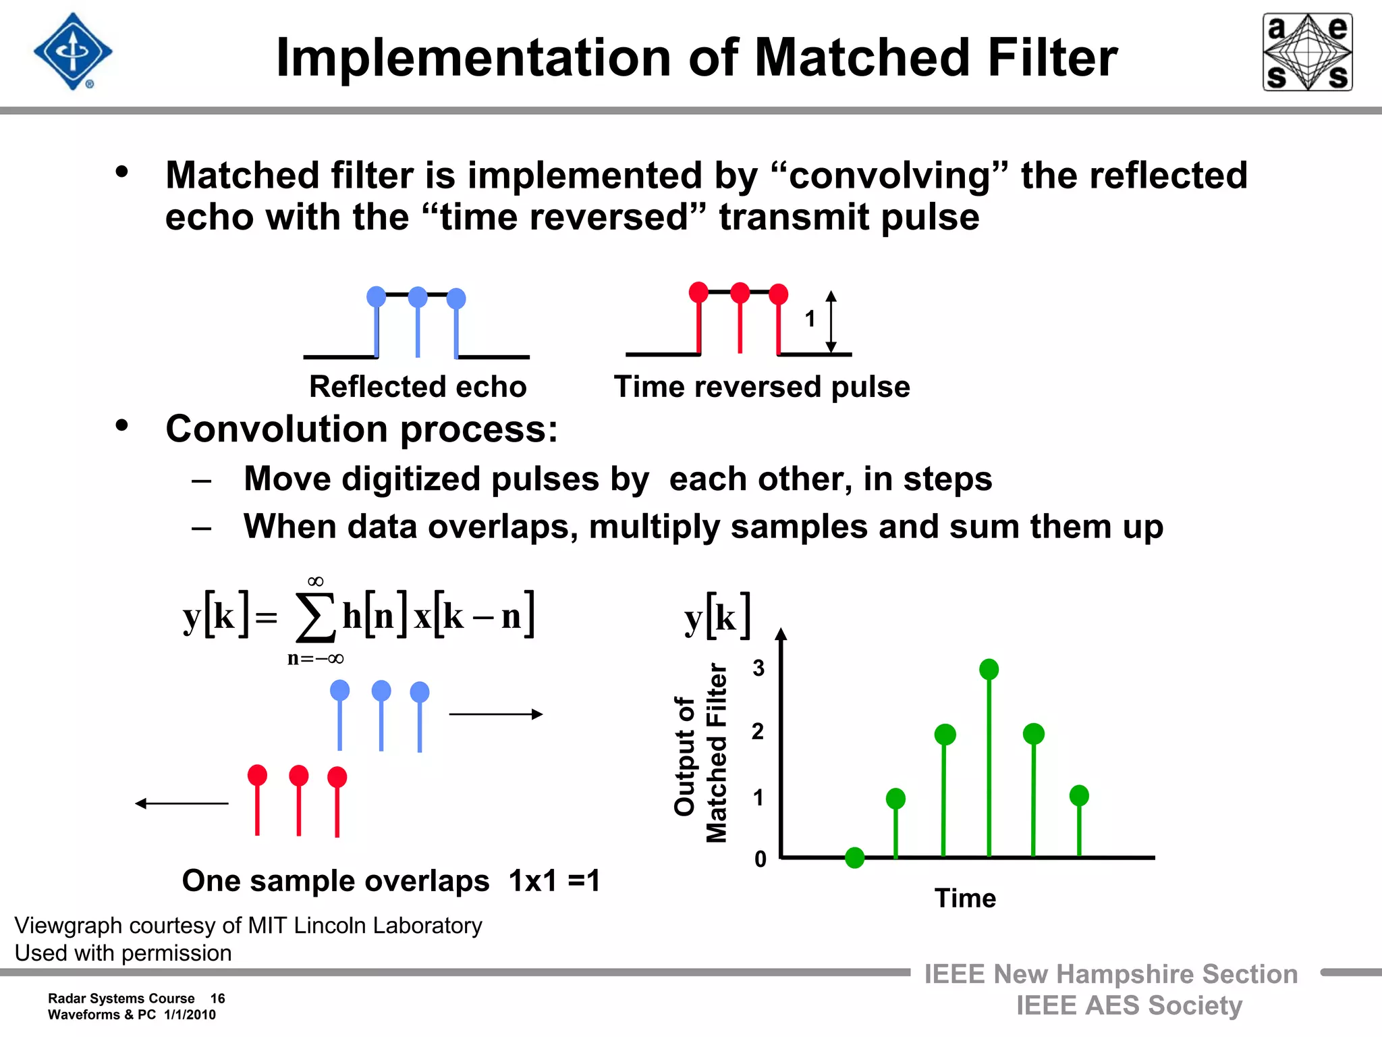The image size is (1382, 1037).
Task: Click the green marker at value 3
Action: pyautogui.click(x=989, y=669)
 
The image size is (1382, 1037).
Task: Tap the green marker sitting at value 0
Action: pyautogui.click(x=854, y=857)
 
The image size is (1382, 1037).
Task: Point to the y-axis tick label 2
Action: pyautogui.click(x=758, y=731)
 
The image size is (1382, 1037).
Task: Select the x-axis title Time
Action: pyautogui.click(x=965, y=898)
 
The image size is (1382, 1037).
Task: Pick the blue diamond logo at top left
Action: pyautogui.click(x=73, y=52)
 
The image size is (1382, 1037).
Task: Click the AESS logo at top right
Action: pyautogui.click(x=1307, y=52)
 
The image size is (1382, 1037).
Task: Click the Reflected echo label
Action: pyautogui.click(x=418, y=387)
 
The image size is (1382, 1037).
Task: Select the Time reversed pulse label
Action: pyautogui.click(x=762, y=387)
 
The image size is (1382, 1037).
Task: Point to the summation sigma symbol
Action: pyautogui.click(x=315, y=617)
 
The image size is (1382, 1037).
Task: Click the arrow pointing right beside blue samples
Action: pyautogui.click(x=496, y=714)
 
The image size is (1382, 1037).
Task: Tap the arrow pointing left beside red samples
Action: pyautogui.click(x=182, y=803)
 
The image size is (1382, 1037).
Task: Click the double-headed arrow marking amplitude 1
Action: pyautogui.click(x=831, y=322)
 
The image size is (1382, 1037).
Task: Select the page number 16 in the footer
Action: pyautogui.click(x=217, y=999)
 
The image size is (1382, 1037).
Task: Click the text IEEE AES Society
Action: pyautogui.click(x=1129, y=1005)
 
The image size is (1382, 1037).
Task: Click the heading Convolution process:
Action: pyautogui.click(x=362, y=429)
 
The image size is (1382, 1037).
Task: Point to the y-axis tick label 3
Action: pyautogui.click(x=758, y=668)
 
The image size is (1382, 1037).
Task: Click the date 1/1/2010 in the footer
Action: pyautogui.click(x=190, y=1015)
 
